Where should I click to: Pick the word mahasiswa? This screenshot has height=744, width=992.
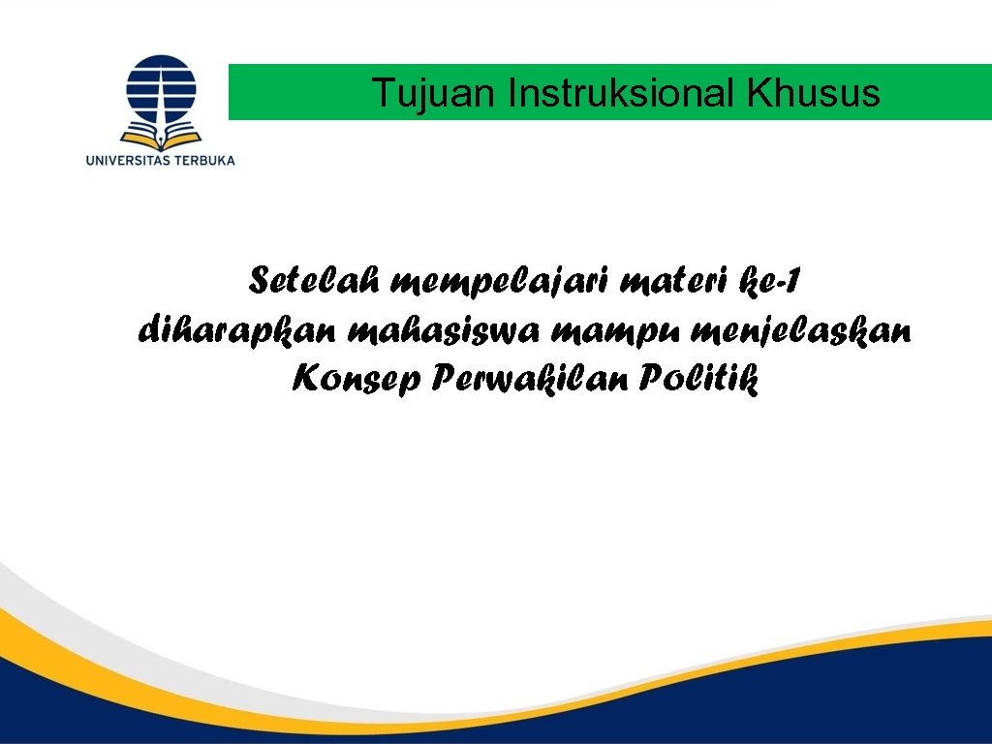445,331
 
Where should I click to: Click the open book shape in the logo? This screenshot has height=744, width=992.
161,133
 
